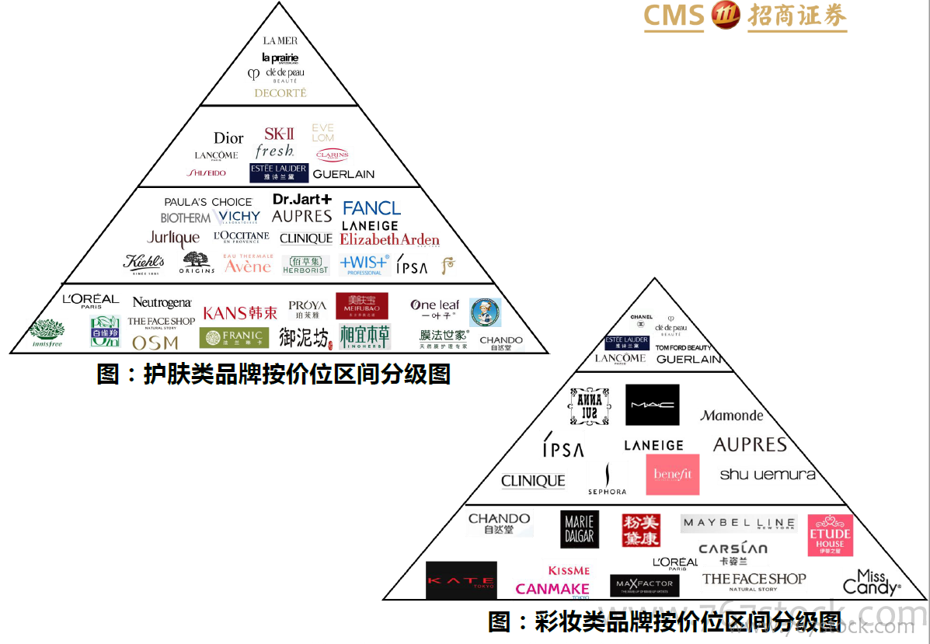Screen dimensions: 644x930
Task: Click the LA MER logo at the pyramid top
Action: click(280, 40)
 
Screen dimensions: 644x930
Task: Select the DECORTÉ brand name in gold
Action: click(280, 93)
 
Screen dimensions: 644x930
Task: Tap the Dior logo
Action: click(228, 138)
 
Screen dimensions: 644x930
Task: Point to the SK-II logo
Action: click(278, 134)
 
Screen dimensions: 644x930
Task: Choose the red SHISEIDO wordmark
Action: click(207, 173)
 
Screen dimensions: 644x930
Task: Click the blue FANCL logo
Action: click(371, 208)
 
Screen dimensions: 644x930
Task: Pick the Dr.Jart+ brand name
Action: click(301, 200)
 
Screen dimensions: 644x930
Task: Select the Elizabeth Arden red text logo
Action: click(389, 240)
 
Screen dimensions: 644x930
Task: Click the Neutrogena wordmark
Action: click(162, 302)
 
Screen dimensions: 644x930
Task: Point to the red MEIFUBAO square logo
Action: click(361, 305)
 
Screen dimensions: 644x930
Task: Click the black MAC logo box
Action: click(652, 405)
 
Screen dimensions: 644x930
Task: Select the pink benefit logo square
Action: click(672, 475)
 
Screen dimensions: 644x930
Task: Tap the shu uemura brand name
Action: click(767, 474)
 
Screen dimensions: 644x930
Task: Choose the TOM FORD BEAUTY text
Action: click(683, 347)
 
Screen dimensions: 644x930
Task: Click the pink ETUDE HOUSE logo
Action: click(830, 535)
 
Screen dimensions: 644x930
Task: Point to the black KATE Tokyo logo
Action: click(461, 580)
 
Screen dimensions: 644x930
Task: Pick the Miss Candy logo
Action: click(871, 582)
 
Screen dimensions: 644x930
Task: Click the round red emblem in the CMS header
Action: click(726, 16)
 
